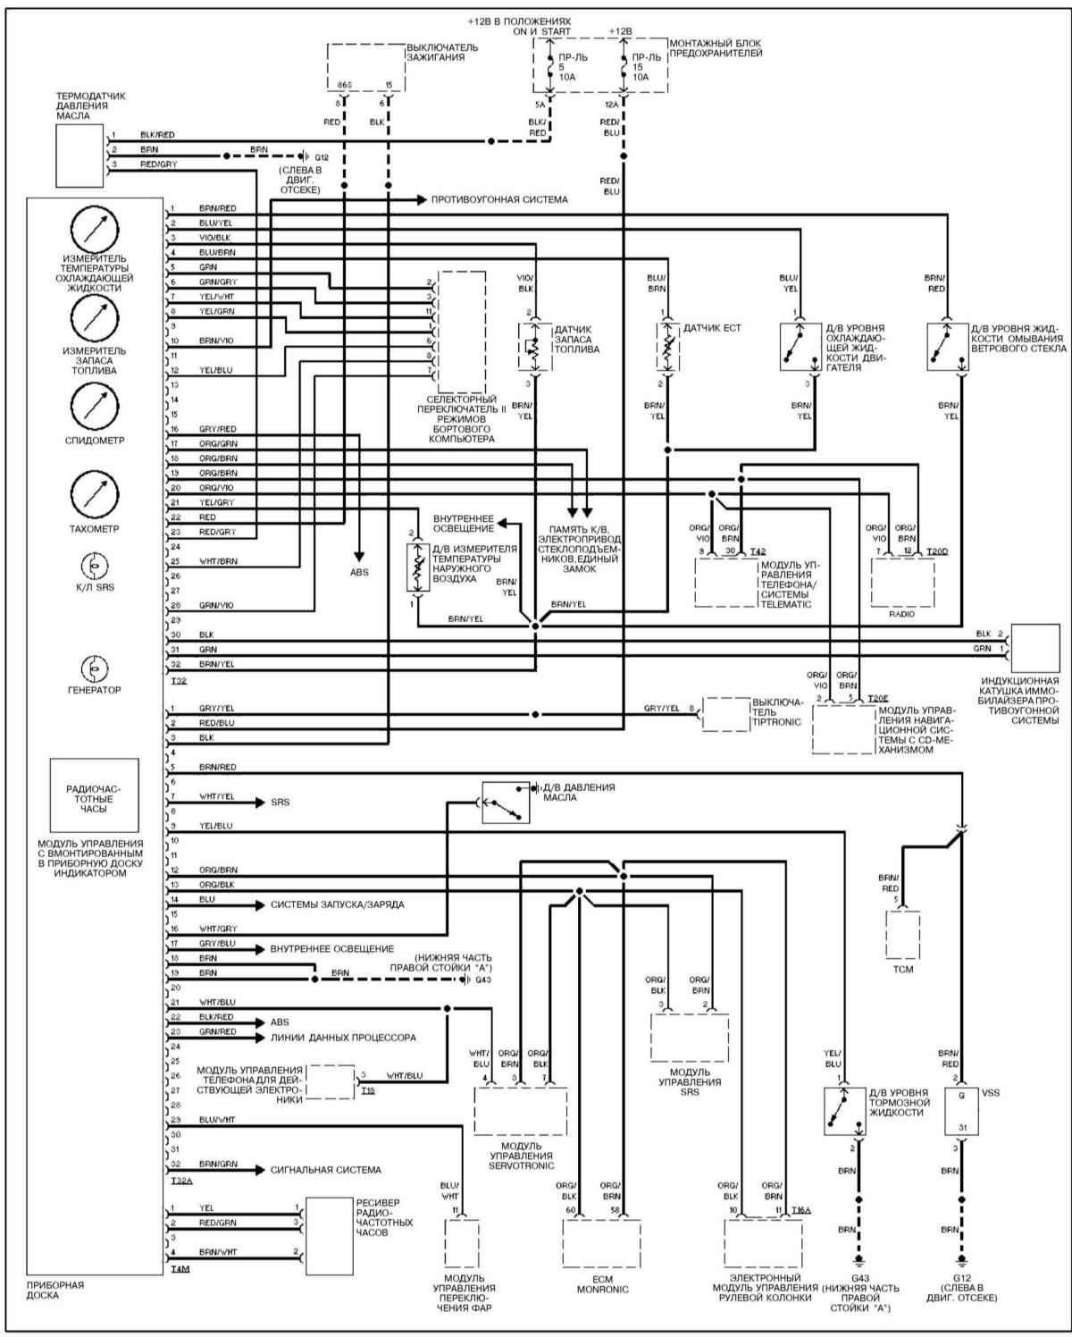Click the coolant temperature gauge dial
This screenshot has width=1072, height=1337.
point(95,228)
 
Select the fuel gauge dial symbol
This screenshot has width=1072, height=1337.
point(95,317)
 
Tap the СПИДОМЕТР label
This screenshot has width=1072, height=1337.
point(95,441)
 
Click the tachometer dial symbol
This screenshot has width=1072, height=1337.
point(95,492)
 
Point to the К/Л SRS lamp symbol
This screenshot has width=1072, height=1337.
point(95,566)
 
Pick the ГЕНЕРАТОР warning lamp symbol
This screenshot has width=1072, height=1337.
point(95,668)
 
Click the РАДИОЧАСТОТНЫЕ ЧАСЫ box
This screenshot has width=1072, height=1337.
point(94,795)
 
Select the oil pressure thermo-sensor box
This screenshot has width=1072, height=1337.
point(80,149)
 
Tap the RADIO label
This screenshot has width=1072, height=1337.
point(902,615)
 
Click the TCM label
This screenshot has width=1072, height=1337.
point(902,969)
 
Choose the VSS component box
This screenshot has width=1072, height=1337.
point(961,1111)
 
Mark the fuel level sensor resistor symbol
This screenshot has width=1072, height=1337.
point(530,347)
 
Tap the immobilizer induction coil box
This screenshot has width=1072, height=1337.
point(1034,648)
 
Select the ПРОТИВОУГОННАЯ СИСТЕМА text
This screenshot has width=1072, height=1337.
point(499,199)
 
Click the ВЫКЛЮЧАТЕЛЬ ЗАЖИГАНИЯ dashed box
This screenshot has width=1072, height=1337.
point(366,66)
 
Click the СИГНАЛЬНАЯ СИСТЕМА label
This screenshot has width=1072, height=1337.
point(325,1170)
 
